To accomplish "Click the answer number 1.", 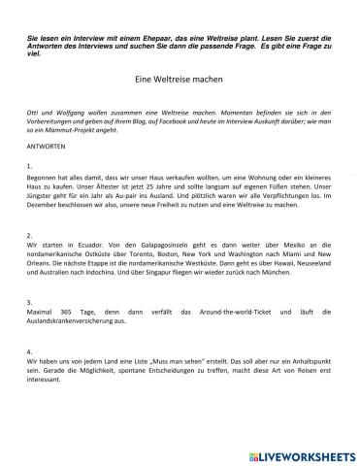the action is point(30,166).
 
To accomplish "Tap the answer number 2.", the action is point(30,235).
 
